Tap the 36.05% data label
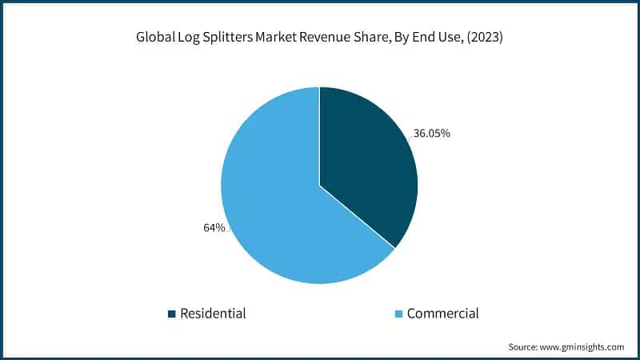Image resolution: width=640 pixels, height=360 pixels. pos(433,134)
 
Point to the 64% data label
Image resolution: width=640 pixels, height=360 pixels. pos(214,228)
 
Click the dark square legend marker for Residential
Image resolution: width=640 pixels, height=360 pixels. pos(171,314)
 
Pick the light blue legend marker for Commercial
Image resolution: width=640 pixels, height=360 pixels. pos(398,314)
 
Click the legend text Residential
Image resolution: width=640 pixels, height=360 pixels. pos(213,314)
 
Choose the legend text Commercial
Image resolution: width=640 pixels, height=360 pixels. pos(442,314)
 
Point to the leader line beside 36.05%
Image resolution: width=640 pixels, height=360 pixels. pos(411,137)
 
